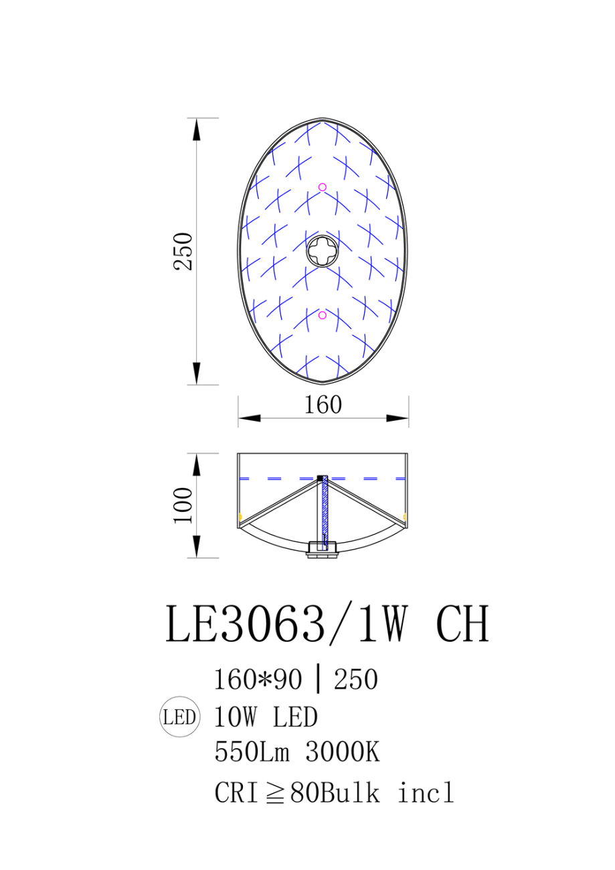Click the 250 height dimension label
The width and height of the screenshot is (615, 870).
click(183, 251)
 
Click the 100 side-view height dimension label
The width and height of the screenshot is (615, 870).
click(183, 505)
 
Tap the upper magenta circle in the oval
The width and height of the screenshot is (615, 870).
click(323, 187)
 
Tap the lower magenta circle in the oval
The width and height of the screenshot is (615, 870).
click(323, 315)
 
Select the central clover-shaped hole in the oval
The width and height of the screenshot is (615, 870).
click(323, 252)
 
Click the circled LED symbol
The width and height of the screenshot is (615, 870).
click(179, 718)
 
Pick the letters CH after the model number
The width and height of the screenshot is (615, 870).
click(462, 624)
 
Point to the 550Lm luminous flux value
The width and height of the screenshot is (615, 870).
click(252, 753)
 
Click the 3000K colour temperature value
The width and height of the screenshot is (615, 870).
click(343, 753)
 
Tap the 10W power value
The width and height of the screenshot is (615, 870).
click(237, 717)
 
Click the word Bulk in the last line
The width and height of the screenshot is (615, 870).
click(350, 793)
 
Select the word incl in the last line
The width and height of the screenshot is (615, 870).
click(426, 793)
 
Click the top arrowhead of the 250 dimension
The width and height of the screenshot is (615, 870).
click(195, 128)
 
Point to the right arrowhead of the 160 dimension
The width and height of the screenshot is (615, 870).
click(398, 418)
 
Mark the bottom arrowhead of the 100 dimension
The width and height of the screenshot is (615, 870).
click(195, 547)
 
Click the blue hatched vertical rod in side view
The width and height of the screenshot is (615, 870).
click(325, 512)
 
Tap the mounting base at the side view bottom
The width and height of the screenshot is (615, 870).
click(323, 551)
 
